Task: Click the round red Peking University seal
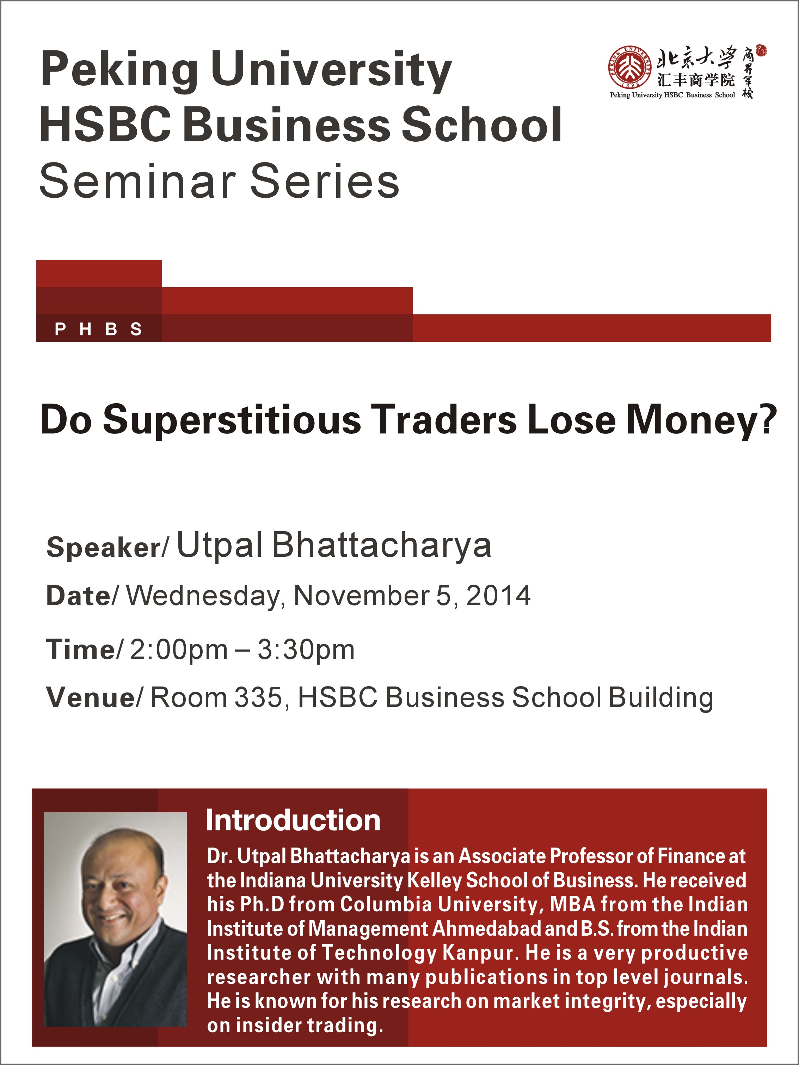click(629, 68)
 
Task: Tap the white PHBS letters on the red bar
click(98, 329)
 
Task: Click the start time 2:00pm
click(179, 650)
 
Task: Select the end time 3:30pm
click(306, 650)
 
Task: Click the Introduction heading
click(293, 820)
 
